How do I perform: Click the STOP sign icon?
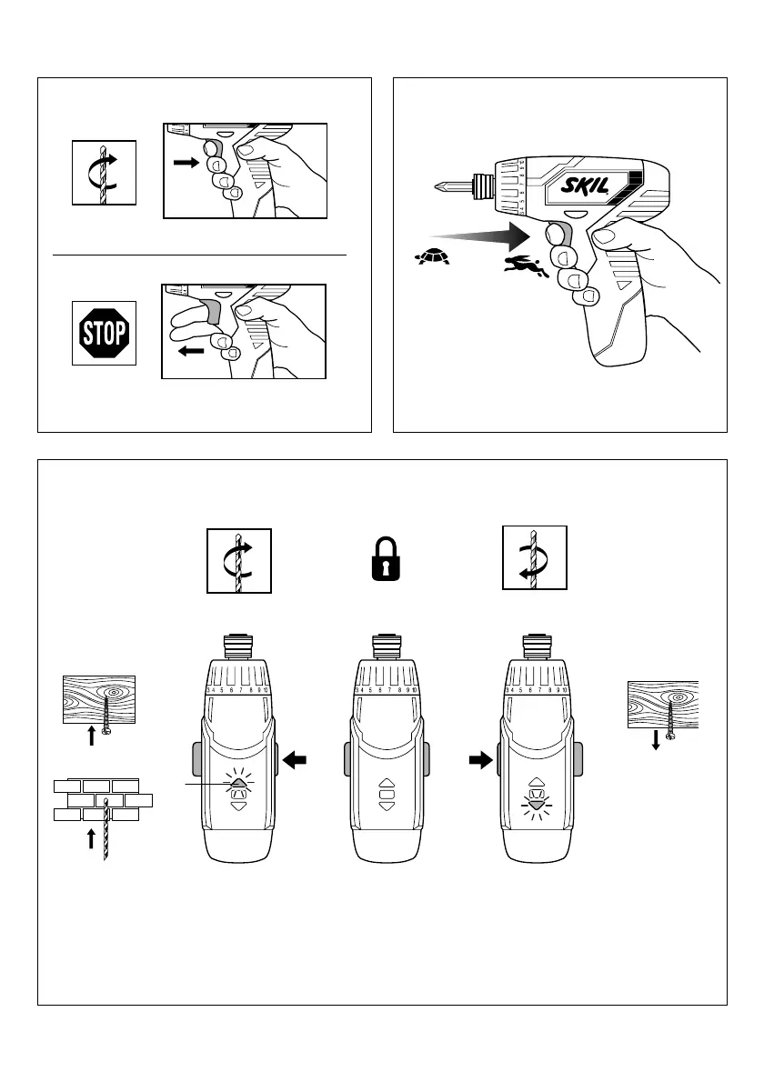point(104,334)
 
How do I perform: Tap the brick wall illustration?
point(101,799)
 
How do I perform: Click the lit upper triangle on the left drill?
point(237,781)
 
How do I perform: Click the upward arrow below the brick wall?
point(91,837)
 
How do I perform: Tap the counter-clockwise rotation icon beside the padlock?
point(535,558)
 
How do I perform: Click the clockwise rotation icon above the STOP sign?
point(104,173)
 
